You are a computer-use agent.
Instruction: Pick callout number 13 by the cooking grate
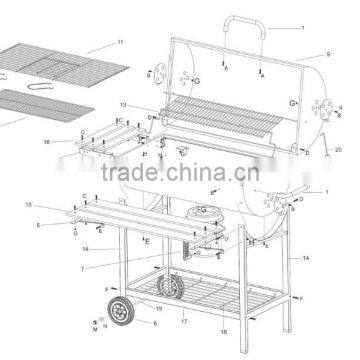tap(123, 103)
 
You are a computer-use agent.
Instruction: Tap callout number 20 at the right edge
tap(337, 149)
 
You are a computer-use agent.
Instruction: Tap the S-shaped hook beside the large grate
tap(40, 87)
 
